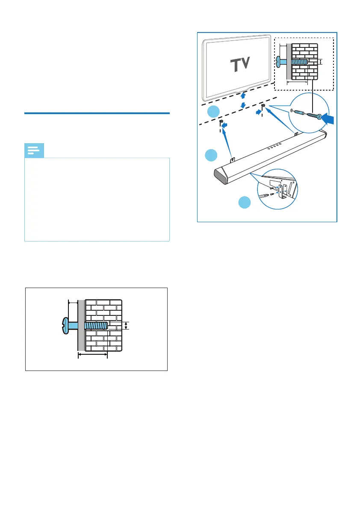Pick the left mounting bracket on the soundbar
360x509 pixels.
point(233,159)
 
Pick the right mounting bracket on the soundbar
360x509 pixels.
point(296,134)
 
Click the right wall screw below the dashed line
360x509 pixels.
point(263,106)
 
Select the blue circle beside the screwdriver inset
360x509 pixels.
point(245,203)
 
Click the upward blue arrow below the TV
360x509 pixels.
point(242,96)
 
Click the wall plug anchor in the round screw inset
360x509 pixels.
point(299,112)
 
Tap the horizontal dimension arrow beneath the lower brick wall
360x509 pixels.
point(92,354)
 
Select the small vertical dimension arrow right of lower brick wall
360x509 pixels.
point(126,326)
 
